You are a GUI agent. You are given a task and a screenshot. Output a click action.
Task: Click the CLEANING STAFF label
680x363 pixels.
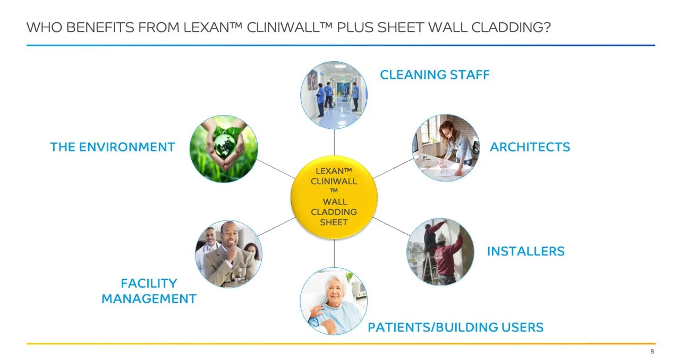[x=435, y=75]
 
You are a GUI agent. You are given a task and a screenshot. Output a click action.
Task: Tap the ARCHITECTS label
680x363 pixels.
[x=530, y=147]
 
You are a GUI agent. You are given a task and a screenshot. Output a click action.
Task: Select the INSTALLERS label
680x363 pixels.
[x=525, y=251]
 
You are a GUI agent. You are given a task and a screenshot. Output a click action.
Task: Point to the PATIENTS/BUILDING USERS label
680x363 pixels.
[x=455, y=327]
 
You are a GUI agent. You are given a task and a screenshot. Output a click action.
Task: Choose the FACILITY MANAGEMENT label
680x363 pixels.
[x=149, y=291]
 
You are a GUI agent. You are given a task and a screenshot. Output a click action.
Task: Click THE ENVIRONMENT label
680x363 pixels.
[x=113, y=147]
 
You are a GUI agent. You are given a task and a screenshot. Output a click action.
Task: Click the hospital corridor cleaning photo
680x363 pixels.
[x=334, y=95]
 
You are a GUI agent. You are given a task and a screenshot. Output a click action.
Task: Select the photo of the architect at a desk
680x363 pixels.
[x=446, y=147]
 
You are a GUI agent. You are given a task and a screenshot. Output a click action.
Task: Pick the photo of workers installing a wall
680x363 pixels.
[x=440, y=251]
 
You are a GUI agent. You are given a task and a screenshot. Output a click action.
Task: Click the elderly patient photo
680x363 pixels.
[x=334, y=301]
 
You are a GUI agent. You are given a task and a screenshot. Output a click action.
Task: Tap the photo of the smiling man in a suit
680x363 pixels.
[x=228, y=254]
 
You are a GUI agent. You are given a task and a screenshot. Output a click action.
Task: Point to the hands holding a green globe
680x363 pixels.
[x=224, y=149]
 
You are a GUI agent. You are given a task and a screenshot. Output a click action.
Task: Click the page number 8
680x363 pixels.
[x=652, y=352]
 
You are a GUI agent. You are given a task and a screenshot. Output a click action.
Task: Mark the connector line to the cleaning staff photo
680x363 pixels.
[x=334, y=142]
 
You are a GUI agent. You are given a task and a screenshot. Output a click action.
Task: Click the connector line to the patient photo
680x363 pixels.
[x=334, y=253]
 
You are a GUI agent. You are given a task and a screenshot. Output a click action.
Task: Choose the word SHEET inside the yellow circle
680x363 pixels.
[x=334, y=222]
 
